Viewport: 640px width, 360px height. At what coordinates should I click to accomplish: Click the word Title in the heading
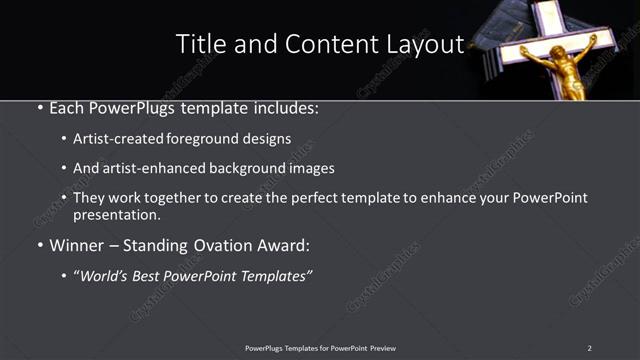[x=197, y=44]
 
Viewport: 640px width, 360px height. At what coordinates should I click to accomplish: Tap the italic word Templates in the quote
[x=276, y=275]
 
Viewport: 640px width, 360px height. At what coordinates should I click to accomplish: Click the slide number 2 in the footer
[x=590, y=348]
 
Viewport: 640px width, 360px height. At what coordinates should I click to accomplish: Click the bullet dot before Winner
[x=39, y=245]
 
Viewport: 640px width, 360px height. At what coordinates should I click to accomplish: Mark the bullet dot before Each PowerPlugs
[x=39, y=107]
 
